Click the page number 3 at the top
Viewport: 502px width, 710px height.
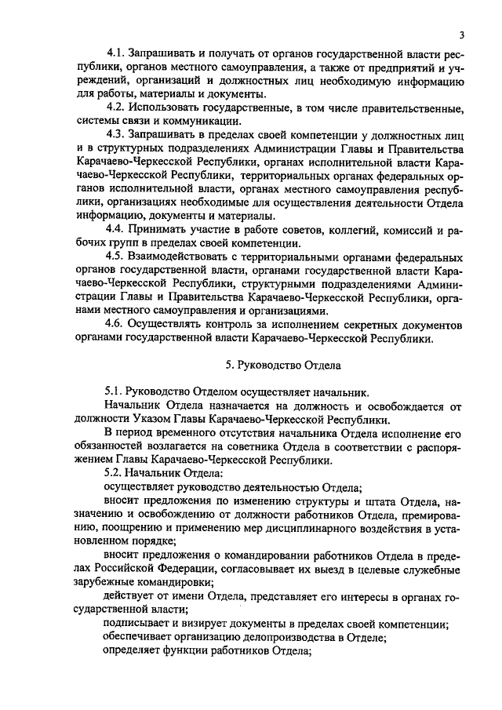[x=463, y=35]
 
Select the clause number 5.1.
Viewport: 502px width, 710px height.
[x=116, y=392]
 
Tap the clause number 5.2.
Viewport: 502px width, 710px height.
[x=116, y=474]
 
